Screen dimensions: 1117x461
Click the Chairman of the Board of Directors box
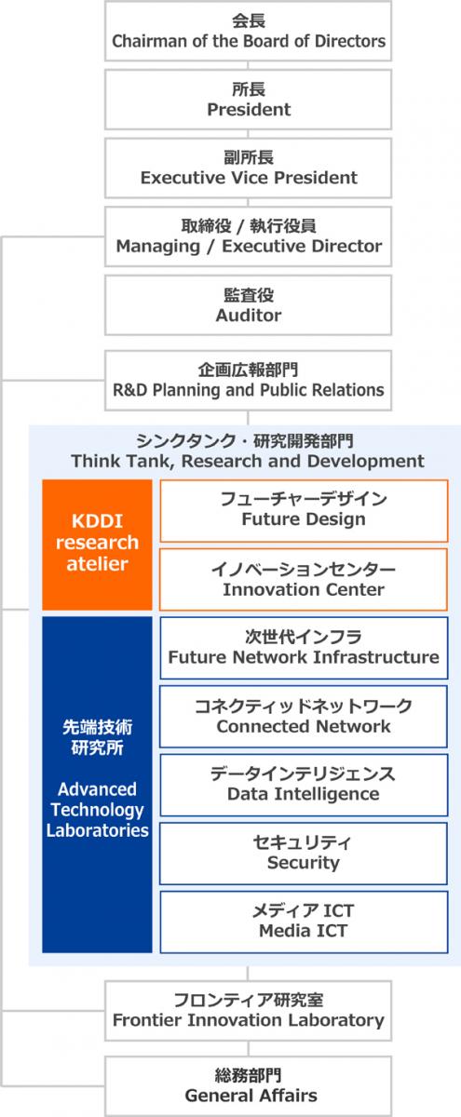[x=249, y=31]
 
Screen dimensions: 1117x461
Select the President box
[x=249, y=100]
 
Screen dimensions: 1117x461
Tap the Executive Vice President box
[x=249, y=168]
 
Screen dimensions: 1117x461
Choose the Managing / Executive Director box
[x=249, y=236]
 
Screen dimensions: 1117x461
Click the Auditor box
[x=249, y=305]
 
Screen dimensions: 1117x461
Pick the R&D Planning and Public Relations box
[x=249, y=380]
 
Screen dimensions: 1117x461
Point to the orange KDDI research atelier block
[x=97, y=544]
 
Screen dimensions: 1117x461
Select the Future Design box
[x=304, y=509]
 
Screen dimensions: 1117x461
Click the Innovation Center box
[x=304, y=579]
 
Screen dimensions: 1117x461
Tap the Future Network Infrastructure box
[x=304, y=647]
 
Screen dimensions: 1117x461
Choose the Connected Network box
[x=304, y=716]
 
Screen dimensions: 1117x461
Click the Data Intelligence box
[x=304, y=785]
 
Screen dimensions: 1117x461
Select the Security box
[x=304, y=853]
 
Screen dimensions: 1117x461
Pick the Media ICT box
[x=304, y=922]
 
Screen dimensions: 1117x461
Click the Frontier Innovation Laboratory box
[x=249, y=1011]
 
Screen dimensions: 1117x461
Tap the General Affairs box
[x=249, y=1085]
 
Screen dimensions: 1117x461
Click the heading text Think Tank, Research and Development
[x=248, y=461]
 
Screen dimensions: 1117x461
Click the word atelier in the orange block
[x=97, y=564]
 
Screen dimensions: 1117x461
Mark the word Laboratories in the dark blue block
[x=97, y=830]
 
